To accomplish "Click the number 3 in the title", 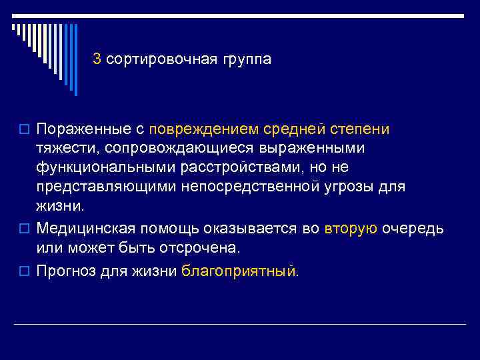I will pyautogui.click(x=97, y=59).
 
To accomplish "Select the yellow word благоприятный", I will pyautogui.click(x=239, y=271).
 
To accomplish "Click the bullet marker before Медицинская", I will pyautogui.click(x=24, y=229).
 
